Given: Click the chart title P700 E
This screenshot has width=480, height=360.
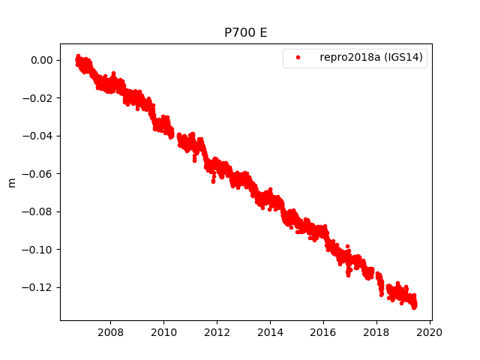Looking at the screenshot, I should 245,33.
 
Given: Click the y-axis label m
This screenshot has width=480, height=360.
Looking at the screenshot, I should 11,182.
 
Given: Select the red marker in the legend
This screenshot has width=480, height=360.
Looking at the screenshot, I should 297,58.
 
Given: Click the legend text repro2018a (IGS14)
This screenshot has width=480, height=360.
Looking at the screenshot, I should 373,58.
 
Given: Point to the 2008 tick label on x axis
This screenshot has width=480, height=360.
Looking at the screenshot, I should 110,332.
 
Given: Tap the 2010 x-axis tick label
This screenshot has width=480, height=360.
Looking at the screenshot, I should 163,332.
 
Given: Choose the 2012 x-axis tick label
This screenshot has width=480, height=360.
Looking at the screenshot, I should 217,332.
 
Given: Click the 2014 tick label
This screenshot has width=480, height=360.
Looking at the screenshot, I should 270,332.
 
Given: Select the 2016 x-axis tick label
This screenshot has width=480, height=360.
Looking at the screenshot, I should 323,332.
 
